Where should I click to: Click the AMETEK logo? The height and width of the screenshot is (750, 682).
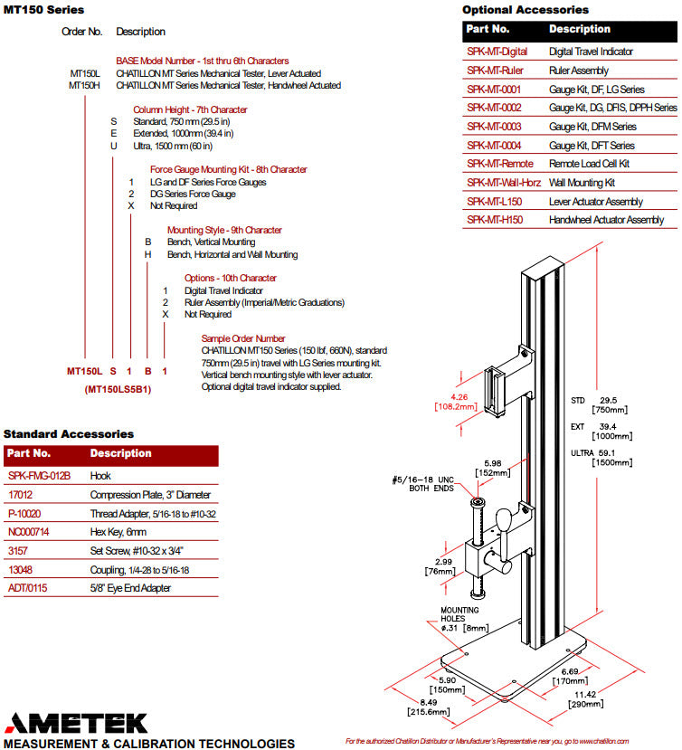tap(77, 723)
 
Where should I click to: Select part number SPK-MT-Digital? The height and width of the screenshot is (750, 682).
tap(497, 52)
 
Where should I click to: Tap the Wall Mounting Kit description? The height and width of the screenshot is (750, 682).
tap(582, 183)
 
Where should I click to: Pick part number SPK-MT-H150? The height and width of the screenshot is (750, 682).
tap(495, 220)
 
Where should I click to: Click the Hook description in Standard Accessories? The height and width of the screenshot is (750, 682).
tap(100, 476)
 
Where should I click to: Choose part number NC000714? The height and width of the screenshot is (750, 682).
tap(29, 532)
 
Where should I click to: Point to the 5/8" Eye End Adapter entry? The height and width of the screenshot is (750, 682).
tap(130, 588)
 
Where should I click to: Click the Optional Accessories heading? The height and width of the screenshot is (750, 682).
tap(526, 10)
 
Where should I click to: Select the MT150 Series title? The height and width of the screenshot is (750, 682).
tap(43, 10)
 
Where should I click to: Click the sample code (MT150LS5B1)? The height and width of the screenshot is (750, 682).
tap(118, 389)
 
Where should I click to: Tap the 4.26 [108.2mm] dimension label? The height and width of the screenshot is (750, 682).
tap(456, 402)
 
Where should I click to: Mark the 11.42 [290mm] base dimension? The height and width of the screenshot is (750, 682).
tap(585, 699)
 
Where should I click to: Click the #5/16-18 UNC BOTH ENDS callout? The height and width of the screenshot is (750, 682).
tap(422, 484)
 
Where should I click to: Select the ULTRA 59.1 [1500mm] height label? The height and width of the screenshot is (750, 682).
tap(601, 458)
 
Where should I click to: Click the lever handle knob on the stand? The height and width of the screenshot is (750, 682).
tap(504, 519)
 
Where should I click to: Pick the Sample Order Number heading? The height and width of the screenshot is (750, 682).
tap(243, 338)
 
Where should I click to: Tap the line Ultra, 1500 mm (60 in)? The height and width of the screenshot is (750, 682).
tap(173, 146)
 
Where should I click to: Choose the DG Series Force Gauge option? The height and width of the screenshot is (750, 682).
tap(193, 195)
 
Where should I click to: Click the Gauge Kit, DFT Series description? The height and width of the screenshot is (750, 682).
tap(592, 146)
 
